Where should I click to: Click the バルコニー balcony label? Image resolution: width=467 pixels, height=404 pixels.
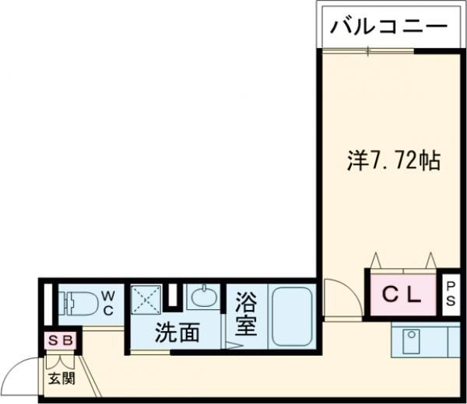pos(389,27)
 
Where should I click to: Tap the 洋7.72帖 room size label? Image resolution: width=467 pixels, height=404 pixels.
pos(393,161)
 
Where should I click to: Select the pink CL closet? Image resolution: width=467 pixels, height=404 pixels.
pos(402,294)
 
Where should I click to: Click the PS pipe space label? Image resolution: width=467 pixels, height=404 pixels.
pos(451,294)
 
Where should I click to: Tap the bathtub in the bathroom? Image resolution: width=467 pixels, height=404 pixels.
pos(291,317)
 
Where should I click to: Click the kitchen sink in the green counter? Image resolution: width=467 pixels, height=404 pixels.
pos(409,340)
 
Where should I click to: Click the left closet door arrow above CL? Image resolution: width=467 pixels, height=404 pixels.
pos(377,259)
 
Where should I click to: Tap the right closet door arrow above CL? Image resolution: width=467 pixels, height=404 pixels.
pos(430,259)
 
